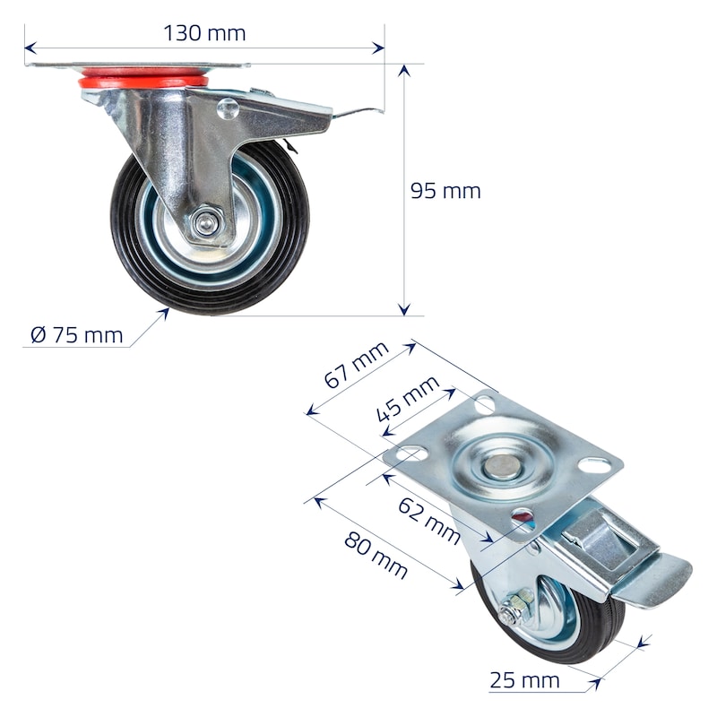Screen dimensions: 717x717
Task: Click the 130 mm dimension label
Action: (204, 33)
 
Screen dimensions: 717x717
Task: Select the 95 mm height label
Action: (445, 191)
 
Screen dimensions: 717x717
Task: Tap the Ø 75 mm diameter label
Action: (77, 335)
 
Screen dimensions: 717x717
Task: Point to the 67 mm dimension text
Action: (356, 365)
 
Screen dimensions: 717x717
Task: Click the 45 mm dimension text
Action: (408, 399)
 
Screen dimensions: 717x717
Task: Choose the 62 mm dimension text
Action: (429, 521)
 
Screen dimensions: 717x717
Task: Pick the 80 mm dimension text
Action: (376, 555)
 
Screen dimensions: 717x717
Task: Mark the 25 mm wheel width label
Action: (524, 680)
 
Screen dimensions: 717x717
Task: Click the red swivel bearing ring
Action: (143, 79)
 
